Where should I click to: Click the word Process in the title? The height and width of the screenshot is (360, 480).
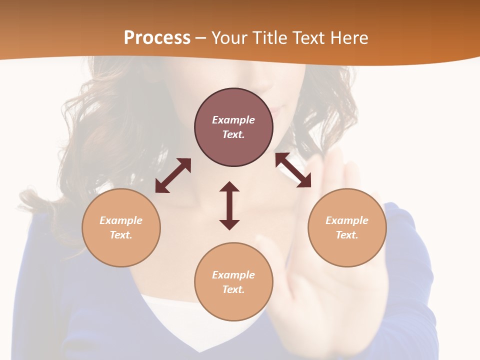click(x=157, y=38)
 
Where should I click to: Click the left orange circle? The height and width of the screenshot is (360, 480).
click(x=121, y=227)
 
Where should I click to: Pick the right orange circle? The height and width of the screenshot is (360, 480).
click(x=347, y=227)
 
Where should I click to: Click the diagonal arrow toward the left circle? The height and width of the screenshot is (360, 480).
click(x=173, y=175)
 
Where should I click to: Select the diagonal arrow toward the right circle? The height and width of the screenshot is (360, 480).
click(x=293, y=170)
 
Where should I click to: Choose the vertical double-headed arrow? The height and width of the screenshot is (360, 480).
click(x=229, y=205)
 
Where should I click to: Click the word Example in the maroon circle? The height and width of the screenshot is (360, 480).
click(x=233, y=120)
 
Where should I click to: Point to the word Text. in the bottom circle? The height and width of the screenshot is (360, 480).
click(x=233, y=289)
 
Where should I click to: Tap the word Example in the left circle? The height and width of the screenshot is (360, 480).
click(x=121, y=220)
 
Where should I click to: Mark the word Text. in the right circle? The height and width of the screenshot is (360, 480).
click(x=347, y=235)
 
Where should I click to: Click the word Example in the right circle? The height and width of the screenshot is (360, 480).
click(x=347, y=220)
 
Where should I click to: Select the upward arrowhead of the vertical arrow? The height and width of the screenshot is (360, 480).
click(x=229, y=187)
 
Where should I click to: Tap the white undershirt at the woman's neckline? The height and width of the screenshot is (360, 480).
click(x=165, y=312)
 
